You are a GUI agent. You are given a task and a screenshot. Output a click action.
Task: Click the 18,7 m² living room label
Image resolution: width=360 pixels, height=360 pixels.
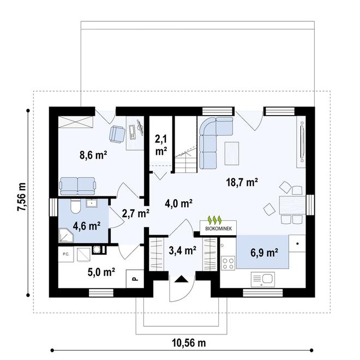(x=241, y=183)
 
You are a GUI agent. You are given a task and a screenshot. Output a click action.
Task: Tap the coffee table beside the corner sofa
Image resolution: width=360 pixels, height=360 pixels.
(x=231, y=153)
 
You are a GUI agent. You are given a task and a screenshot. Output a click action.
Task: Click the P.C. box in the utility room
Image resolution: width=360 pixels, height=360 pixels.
(x=65, y=254)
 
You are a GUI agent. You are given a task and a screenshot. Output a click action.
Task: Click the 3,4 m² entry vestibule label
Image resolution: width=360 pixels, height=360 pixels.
(x=183, y=251)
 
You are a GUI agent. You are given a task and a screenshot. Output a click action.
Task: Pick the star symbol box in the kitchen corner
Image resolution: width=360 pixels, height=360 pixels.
(x=298, y=243)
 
